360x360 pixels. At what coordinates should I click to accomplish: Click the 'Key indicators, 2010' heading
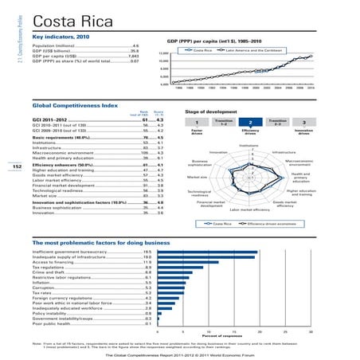pyautogui.click(x=63, y=37)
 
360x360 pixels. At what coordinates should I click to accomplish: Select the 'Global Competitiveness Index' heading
pyautogui.click(x=70, y=104)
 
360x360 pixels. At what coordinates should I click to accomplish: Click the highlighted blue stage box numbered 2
pyautogui.click(x=250, y=122)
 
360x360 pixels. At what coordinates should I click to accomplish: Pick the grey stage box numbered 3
pyautogui.click(x=303, y=122)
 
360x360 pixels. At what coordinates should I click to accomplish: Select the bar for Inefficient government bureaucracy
pyautogui.click(x=206, y=251)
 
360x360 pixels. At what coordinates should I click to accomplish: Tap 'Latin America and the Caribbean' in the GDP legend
pyautogui.click(x=254, y=50)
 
